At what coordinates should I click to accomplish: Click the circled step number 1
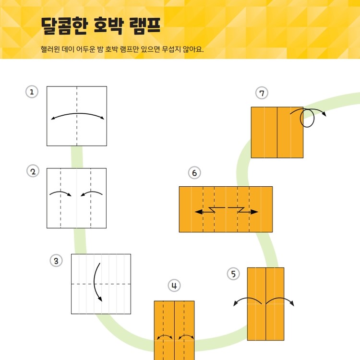click(x=32, y=92)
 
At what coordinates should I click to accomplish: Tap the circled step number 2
click(x=33, y=171)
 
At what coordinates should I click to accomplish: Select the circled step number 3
click(x=56, y=261)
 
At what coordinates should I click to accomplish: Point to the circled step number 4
click(x=174, y=286)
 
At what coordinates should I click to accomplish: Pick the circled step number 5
click(x=233, y=274)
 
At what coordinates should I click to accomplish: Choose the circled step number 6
click(x=194, y=173)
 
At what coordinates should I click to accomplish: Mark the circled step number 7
click(x=262, y=93)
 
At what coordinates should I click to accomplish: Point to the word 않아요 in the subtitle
click(x=192, y=49)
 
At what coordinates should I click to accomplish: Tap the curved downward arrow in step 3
click(x=94, y=282)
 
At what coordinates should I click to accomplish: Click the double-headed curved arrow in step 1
click(x=78, y=113)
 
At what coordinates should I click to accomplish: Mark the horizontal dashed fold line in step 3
click(x=101, y=284)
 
